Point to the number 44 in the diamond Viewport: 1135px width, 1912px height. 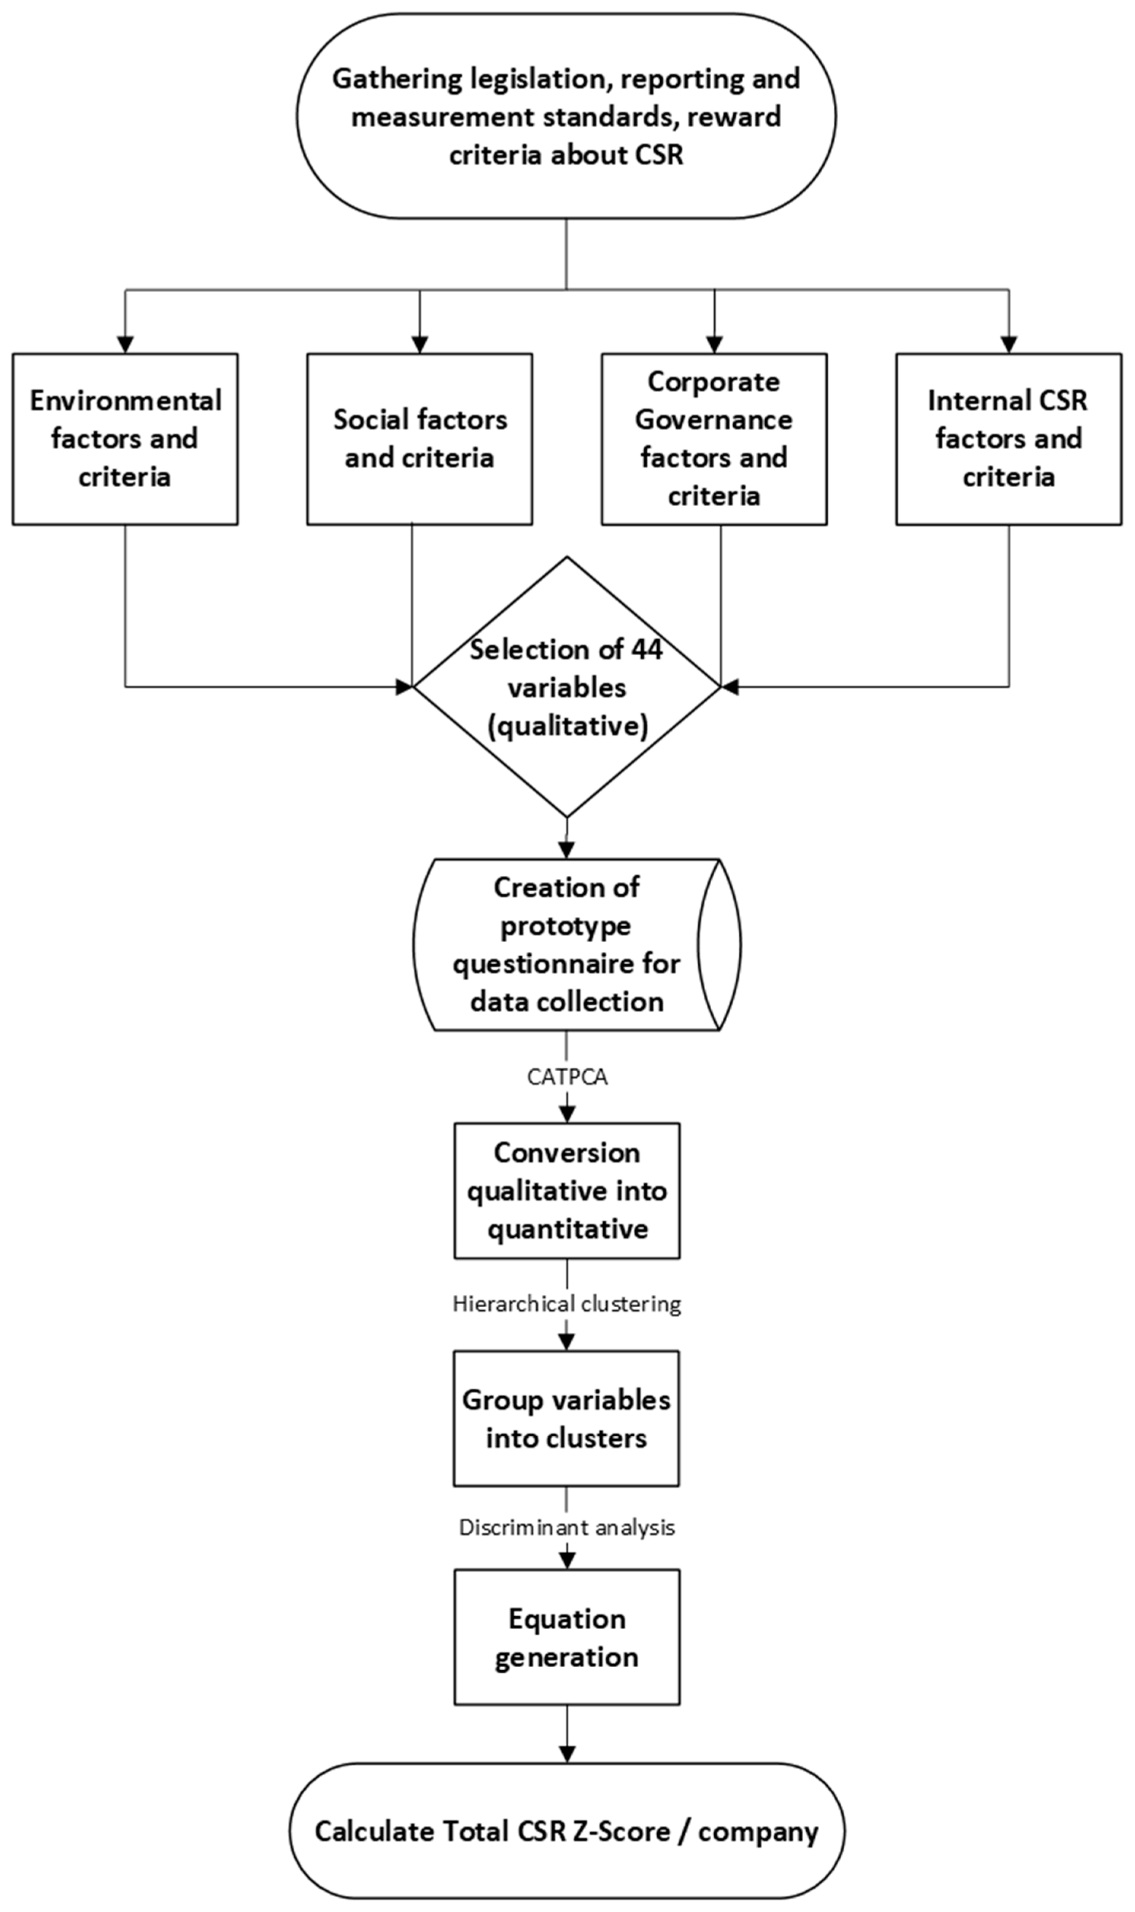point(646,650)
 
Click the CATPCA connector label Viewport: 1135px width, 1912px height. point(567,1077)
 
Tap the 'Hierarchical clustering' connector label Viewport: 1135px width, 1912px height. point(567,1304)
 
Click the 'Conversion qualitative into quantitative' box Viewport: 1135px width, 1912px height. point(567,1190)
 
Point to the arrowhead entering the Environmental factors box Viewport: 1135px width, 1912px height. point(125,345)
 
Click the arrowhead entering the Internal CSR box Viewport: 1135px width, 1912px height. point(1008,345)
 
